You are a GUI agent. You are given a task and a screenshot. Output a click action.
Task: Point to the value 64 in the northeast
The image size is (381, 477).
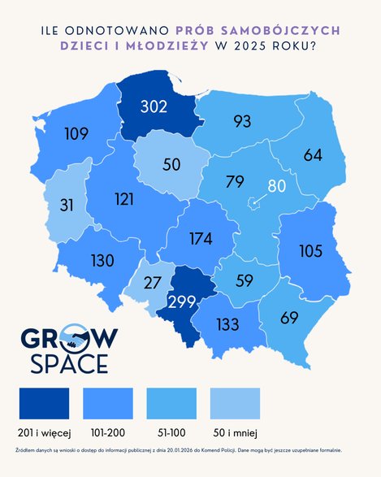tap(313, 154)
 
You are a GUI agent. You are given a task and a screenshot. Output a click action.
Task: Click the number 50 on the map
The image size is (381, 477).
tap(171, 163)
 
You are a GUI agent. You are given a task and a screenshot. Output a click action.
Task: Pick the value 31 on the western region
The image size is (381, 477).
tap(67, 206)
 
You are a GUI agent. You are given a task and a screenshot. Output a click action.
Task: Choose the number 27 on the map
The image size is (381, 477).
tap(152, 284)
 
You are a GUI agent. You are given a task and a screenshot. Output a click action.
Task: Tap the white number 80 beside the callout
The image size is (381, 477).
tap(276, 186)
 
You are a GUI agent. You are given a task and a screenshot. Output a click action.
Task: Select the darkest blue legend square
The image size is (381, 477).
tap(44, 402)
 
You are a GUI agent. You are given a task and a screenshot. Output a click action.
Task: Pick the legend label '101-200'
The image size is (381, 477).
tap(107, 431)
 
